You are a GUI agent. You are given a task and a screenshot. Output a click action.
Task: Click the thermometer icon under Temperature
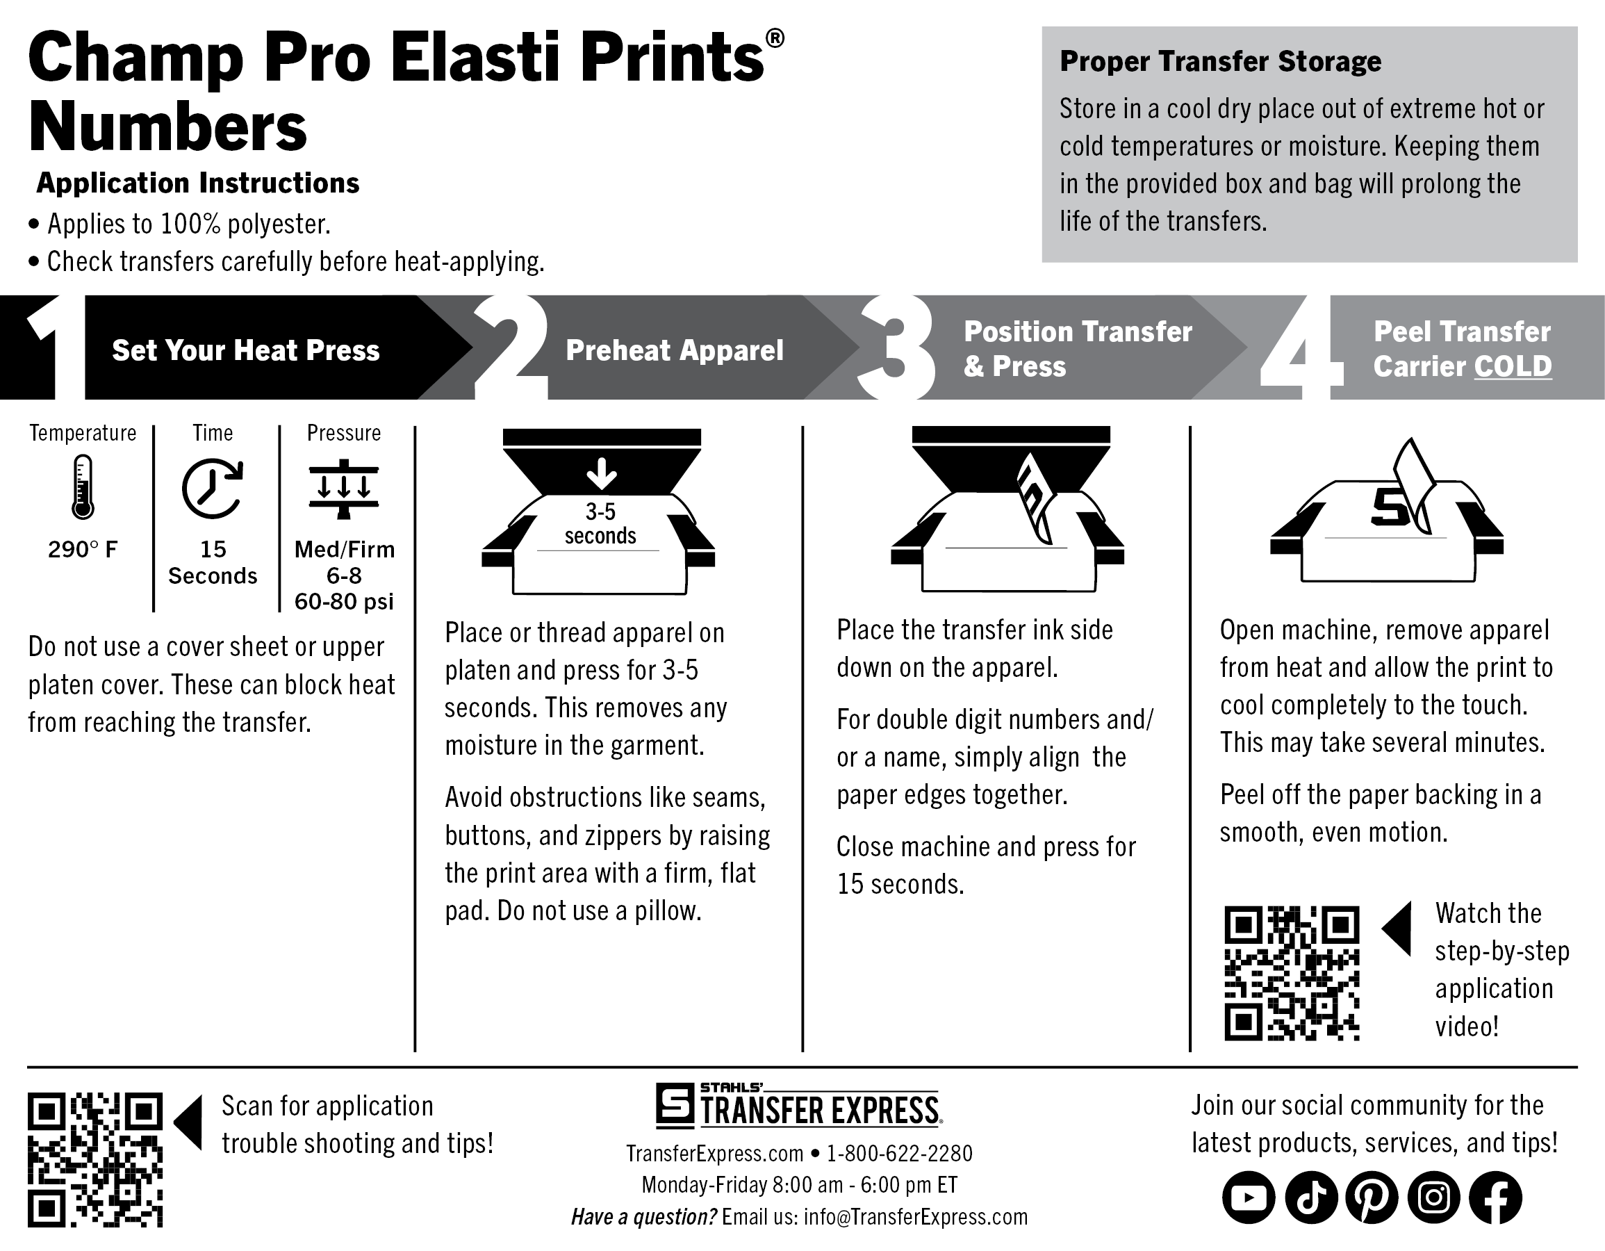82,486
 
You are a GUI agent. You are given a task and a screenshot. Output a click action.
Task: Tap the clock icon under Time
213,489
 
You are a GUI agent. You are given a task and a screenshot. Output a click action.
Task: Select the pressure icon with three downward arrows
343,489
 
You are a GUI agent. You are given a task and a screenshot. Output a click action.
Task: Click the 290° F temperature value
82,549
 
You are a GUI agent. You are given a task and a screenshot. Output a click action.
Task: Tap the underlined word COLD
1513,366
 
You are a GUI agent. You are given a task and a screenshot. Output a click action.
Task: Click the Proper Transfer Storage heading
1220,61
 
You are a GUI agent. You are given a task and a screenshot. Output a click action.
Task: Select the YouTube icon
1249,1197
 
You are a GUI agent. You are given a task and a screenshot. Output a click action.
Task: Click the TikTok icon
1311,1197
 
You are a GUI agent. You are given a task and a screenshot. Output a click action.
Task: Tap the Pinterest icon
1372,1197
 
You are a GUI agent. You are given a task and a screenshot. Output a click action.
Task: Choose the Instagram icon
1434,1197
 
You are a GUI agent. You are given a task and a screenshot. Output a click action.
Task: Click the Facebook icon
1495,1197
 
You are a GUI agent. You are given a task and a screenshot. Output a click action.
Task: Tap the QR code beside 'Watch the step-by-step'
1292,973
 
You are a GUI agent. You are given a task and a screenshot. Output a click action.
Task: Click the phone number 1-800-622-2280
900,1153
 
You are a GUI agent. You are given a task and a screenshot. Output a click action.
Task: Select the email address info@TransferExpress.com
916,1216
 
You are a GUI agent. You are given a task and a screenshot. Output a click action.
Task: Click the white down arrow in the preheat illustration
602,473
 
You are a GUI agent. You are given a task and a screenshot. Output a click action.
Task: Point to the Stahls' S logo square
675,1105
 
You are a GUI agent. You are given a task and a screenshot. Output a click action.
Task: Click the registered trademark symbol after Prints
775,38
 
